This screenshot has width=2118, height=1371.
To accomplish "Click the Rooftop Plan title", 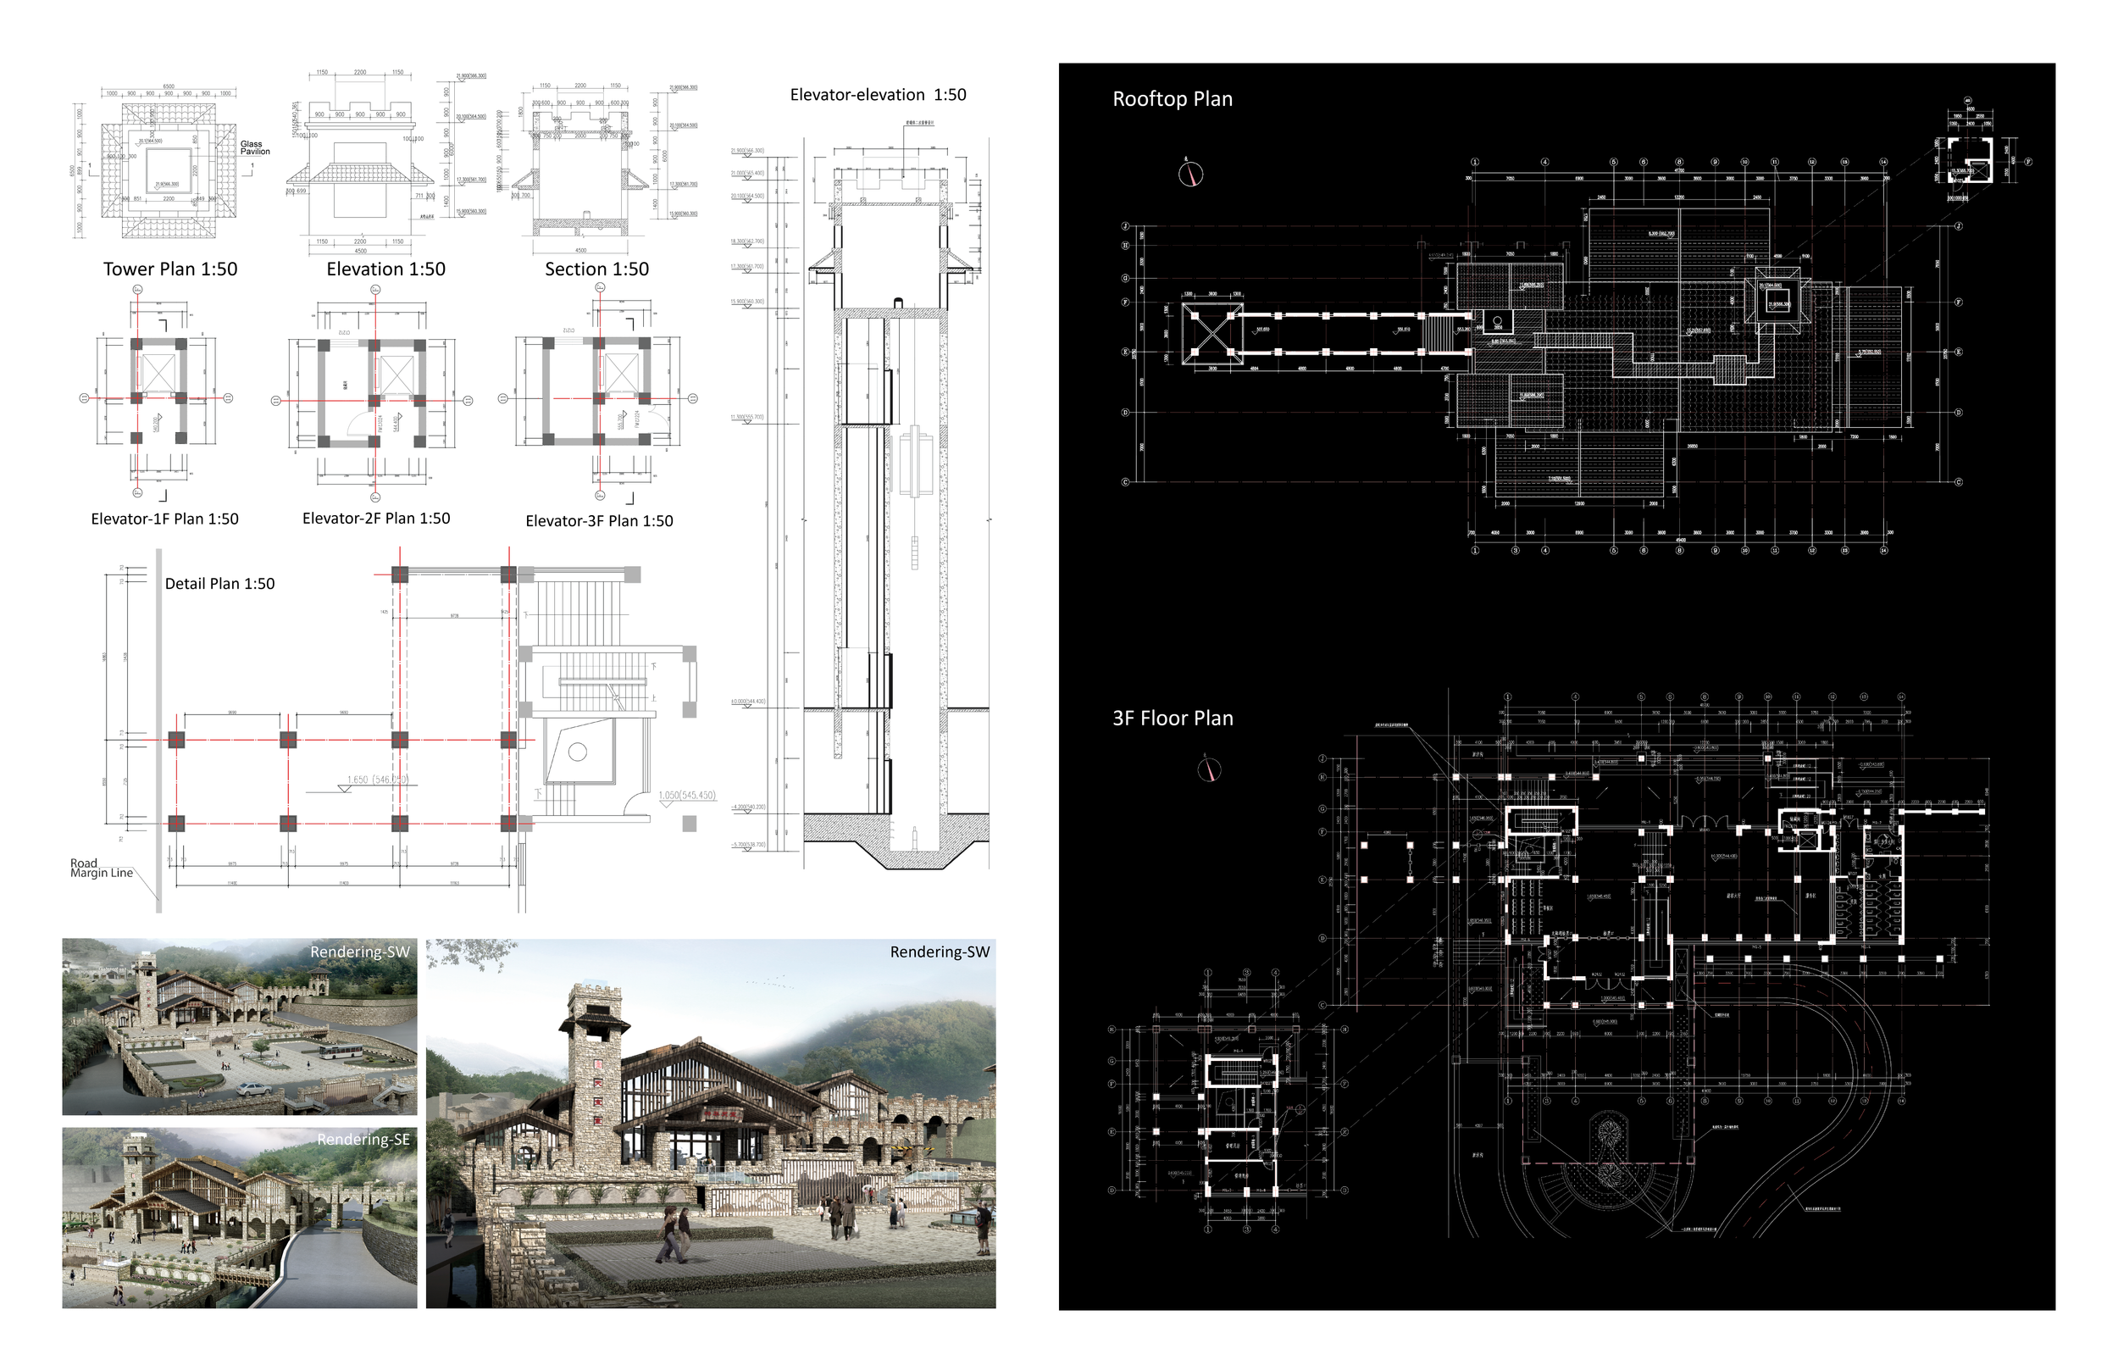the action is [x=1172, y=99].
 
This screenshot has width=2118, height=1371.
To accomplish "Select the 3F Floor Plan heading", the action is [x=1172, y=719].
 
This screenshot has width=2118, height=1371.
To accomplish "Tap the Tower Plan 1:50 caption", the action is [x=170, y=269].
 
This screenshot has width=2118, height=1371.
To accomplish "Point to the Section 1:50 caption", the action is [x=596, y=269].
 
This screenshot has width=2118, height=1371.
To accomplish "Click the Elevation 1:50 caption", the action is [x=385, y=269].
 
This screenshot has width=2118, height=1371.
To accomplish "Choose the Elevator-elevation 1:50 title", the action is [x=878, y=95].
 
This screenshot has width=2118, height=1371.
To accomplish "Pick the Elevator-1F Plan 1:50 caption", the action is [x=164, y=519].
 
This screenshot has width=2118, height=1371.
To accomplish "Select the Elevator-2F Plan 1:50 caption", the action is [x=375, y=518].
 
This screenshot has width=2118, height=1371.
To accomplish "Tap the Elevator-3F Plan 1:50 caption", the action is [x=599, y=521].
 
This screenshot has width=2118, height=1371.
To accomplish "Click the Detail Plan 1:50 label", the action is [x=219, y=584].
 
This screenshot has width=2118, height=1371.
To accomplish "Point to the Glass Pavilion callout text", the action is [x=254, y=147].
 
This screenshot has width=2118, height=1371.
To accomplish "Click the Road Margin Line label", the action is [x=101, y=868].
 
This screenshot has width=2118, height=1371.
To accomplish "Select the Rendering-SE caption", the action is [x=363, y=1140].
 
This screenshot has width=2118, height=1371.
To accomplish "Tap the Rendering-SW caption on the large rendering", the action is [x=939, y=952].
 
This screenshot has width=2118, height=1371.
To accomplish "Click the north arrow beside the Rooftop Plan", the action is [x=1189, y=173].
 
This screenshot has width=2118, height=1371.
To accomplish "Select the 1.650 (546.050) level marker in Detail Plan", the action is [x=376, y=780].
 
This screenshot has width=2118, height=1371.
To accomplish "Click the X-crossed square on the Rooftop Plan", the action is [x=1212, y=333].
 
